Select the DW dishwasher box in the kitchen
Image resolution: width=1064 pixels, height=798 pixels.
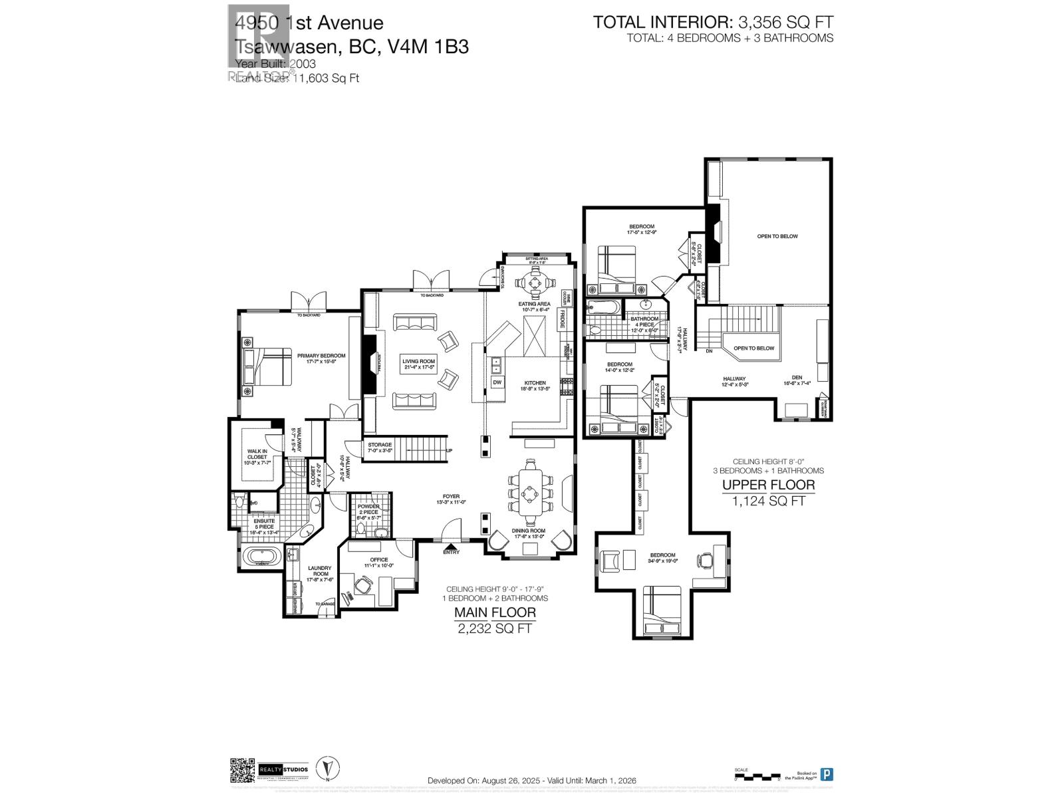pyautogui.click(x=497, y=382)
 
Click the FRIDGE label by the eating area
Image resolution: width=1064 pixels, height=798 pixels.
pyautogui.click(x=562, y=318)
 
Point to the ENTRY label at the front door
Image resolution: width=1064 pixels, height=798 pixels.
pyautogui.click(x=451, y=552)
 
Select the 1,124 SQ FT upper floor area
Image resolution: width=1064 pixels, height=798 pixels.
pyautogui.click(x=768, y=501)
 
